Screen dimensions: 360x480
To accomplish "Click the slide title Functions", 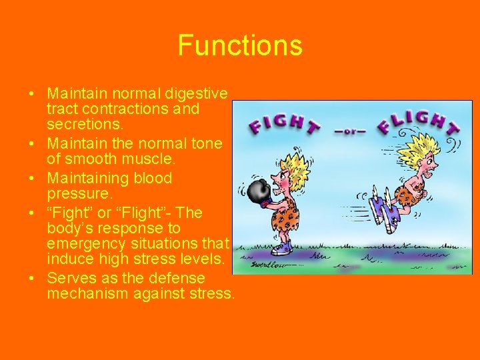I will tap(240, 45).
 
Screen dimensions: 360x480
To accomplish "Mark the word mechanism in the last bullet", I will tap(84, 293).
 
